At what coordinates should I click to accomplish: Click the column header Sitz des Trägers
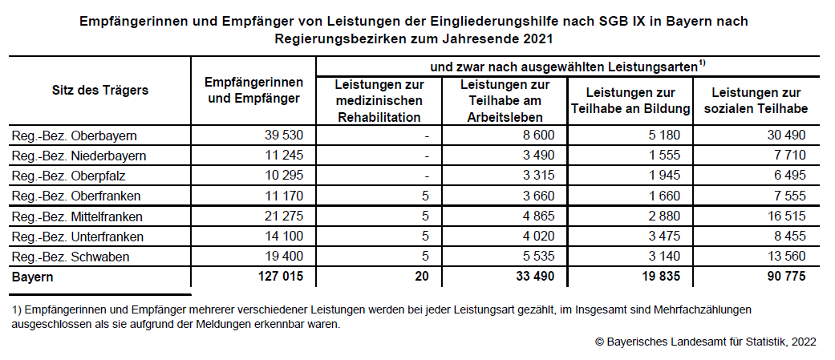pos(100,90)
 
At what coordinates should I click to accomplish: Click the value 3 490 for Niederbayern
pos(538,156)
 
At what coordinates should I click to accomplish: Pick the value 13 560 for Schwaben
pos(785,257)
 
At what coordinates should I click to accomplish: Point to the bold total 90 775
pos(784,277)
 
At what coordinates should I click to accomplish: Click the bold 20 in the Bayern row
pos(423,277)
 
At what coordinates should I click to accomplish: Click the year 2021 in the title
pos(538,38)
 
